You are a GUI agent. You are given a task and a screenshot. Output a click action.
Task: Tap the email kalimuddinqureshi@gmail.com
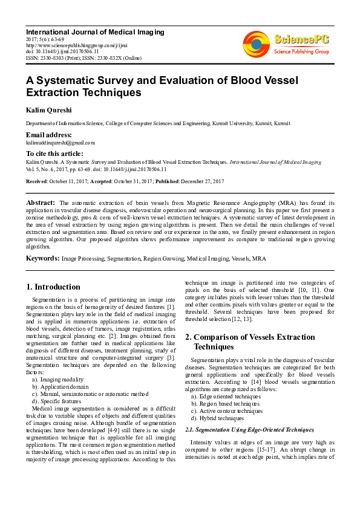[x=60, y=143]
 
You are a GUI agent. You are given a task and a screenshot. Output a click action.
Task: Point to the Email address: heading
[x=48, y=135]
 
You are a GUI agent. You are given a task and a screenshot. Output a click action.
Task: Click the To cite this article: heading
[x=54, y=154]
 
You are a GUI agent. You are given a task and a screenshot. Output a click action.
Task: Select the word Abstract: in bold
[x=41, y=202]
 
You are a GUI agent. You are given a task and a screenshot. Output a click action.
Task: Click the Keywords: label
[x=42, y=258]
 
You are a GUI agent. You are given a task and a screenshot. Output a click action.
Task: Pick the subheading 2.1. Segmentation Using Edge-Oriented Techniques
[x=249, y=429]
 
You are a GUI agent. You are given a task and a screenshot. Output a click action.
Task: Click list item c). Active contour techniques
[x=227, y=411]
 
